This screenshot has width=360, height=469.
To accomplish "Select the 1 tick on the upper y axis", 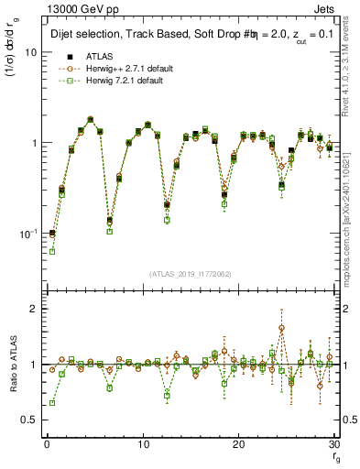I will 33,144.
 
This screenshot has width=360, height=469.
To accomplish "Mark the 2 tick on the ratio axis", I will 33,309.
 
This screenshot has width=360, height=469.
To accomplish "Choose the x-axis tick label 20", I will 238,444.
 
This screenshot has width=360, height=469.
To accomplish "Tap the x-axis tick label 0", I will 46,444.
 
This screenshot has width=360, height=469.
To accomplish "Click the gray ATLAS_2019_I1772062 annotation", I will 191,275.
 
